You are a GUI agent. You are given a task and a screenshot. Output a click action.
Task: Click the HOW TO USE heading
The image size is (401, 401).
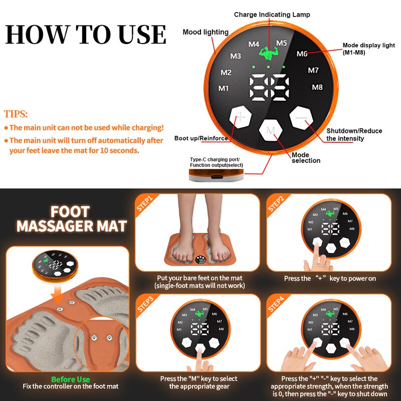click(x=86, y=34)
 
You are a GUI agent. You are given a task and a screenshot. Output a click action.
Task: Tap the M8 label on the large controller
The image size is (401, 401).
click(x=317, y=87)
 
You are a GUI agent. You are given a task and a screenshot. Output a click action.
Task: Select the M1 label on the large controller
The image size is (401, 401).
click(x=224, y=89)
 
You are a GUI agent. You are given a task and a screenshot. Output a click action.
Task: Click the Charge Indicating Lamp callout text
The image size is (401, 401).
click(x=272, y=15)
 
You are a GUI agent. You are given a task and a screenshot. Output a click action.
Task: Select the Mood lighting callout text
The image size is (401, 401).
click(x=206, y=32)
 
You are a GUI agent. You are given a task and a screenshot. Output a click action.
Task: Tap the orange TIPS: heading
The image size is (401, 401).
click(x=16, y=114)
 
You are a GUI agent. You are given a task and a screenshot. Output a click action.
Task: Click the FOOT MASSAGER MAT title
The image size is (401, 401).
click(x=71, y=219)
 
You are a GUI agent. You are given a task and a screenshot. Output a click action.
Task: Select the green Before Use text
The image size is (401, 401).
click(x=70, y=379)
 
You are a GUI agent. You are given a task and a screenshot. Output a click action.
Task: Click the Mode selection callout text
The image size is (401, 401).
click(x=306, y=158)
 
